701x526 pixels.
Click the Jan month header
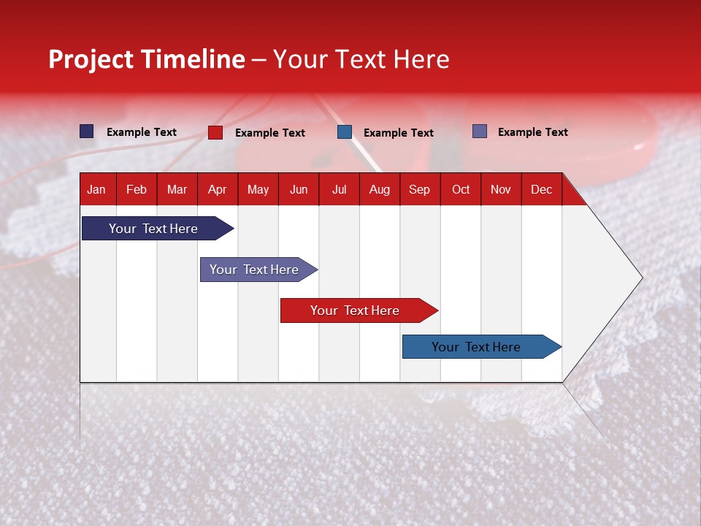96,189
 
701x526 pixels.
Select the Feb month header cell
137,189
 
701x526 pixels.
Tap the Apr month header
217,189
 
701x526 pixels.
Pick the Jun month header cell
299,189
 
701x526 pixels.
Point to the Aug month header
379,189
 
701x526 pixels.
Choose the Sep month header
419,189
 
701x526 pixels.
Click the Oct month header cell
461,189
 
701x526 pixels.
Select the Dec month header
541,189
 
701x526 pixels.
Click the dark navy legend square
87,131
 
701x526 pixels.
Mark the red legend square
215,132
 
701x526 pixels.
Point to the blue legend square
345,132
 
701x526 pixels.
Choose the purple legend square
480,131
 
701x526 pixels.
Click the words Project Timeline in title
147,59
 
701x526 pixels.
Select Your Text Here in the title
361,59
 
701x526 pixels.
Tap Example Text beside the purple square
532,132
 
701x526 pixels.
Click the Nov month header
501,189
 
